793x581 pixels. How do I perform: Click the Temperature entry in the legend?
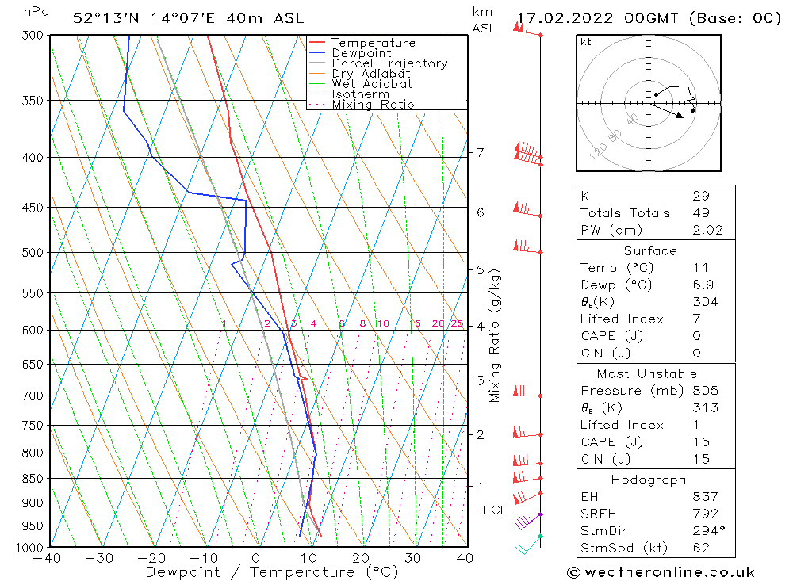pos(373,43)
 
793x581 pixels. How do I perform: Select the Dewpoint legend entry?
pos(361,53)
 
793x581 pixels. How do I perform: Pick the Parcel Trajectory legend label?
pos(389,63)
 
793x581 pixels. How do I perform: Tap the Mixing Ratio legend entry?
pos(373,105)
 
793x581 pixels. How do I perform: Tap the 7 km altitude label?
pos(480,152)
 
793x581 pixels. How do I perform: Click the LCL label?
pos(494,510)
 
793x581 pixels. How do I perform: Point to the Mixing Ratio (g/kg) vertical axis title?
pos(495,335)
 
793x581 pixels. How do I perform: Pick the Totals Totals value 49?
pos(700,212)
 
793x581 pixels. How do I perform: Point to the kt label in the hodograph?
pos(586,42)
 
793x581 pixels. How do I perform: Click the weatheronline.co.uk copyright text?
pos(661,572)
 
